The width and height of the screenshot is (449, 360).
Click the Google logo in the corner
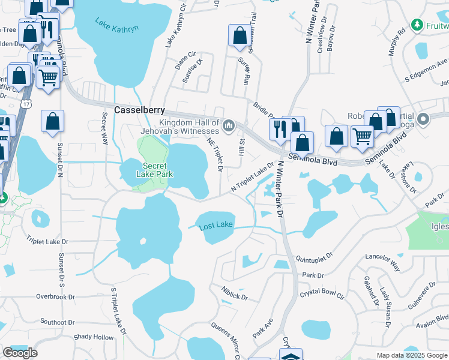click(20, 353)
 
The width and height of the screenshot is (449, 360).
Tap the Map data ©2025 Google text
click(412, 355)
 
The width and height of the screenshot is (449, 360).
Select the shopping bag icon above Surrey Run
click(240, 36)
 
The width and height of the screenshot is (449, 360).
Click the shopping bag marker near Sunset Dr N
click(53, 121)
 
